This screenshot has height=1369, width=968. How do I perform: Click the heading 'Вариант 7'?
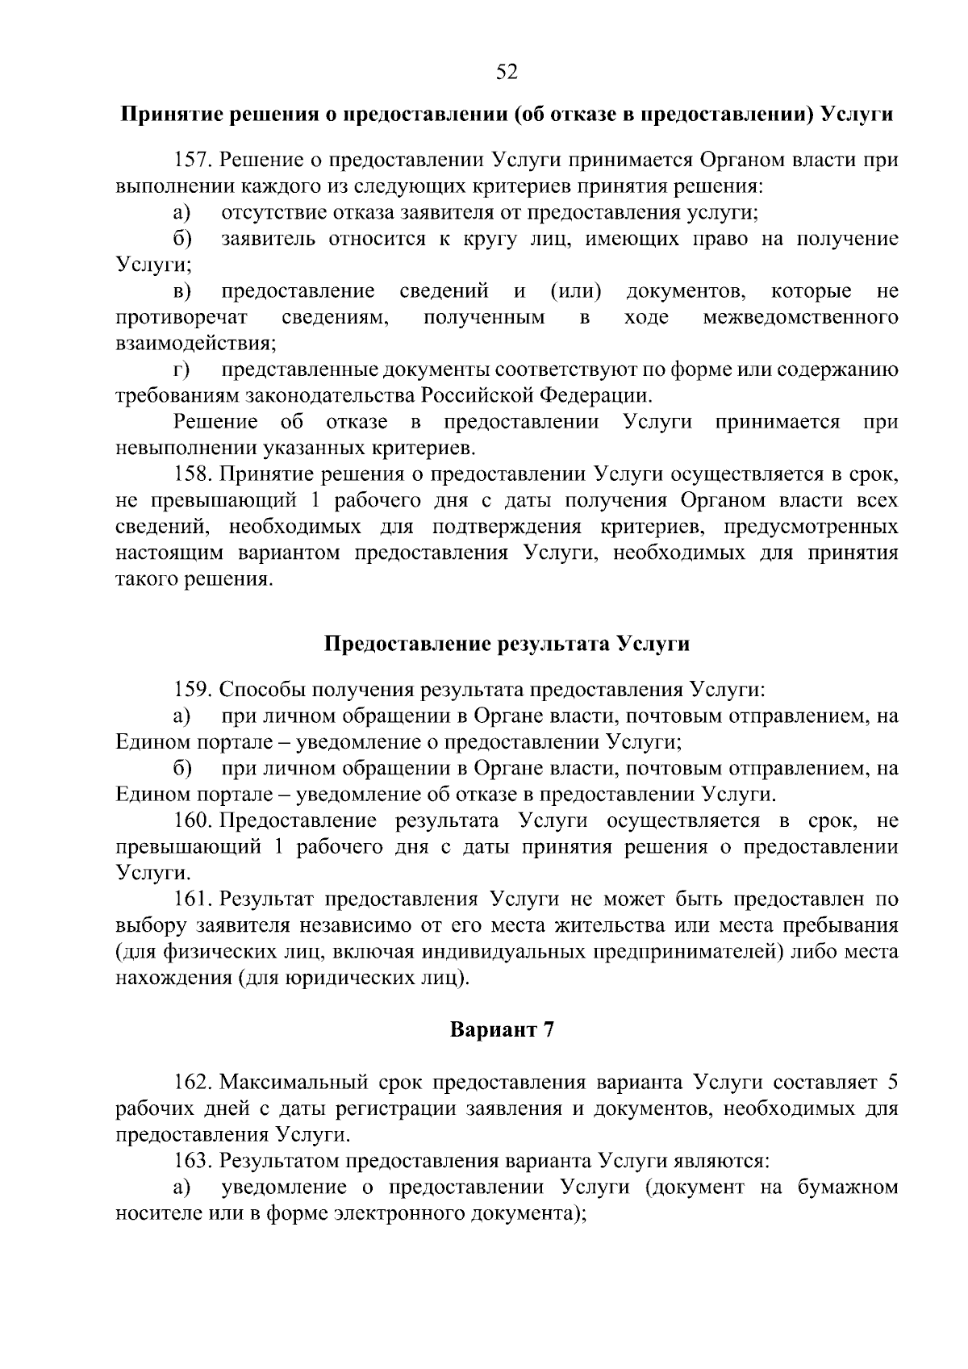click(502, 1030)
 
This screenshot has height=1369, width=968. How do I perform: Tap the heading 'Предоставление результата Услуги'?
click(507, 644)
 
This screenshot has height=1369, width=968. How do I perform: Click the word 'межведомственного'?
click(800, 317)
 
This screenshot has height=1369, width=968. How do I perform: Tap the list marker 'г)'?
click(181, 370)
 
